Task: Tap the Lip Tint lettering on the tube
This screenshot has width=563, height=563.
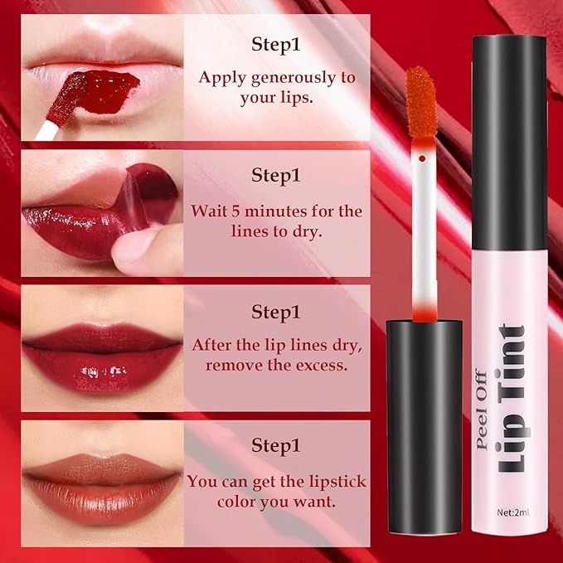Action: coord(512,398)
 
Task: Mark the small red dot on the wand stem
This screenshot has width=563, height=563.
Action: coord(422,158)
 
